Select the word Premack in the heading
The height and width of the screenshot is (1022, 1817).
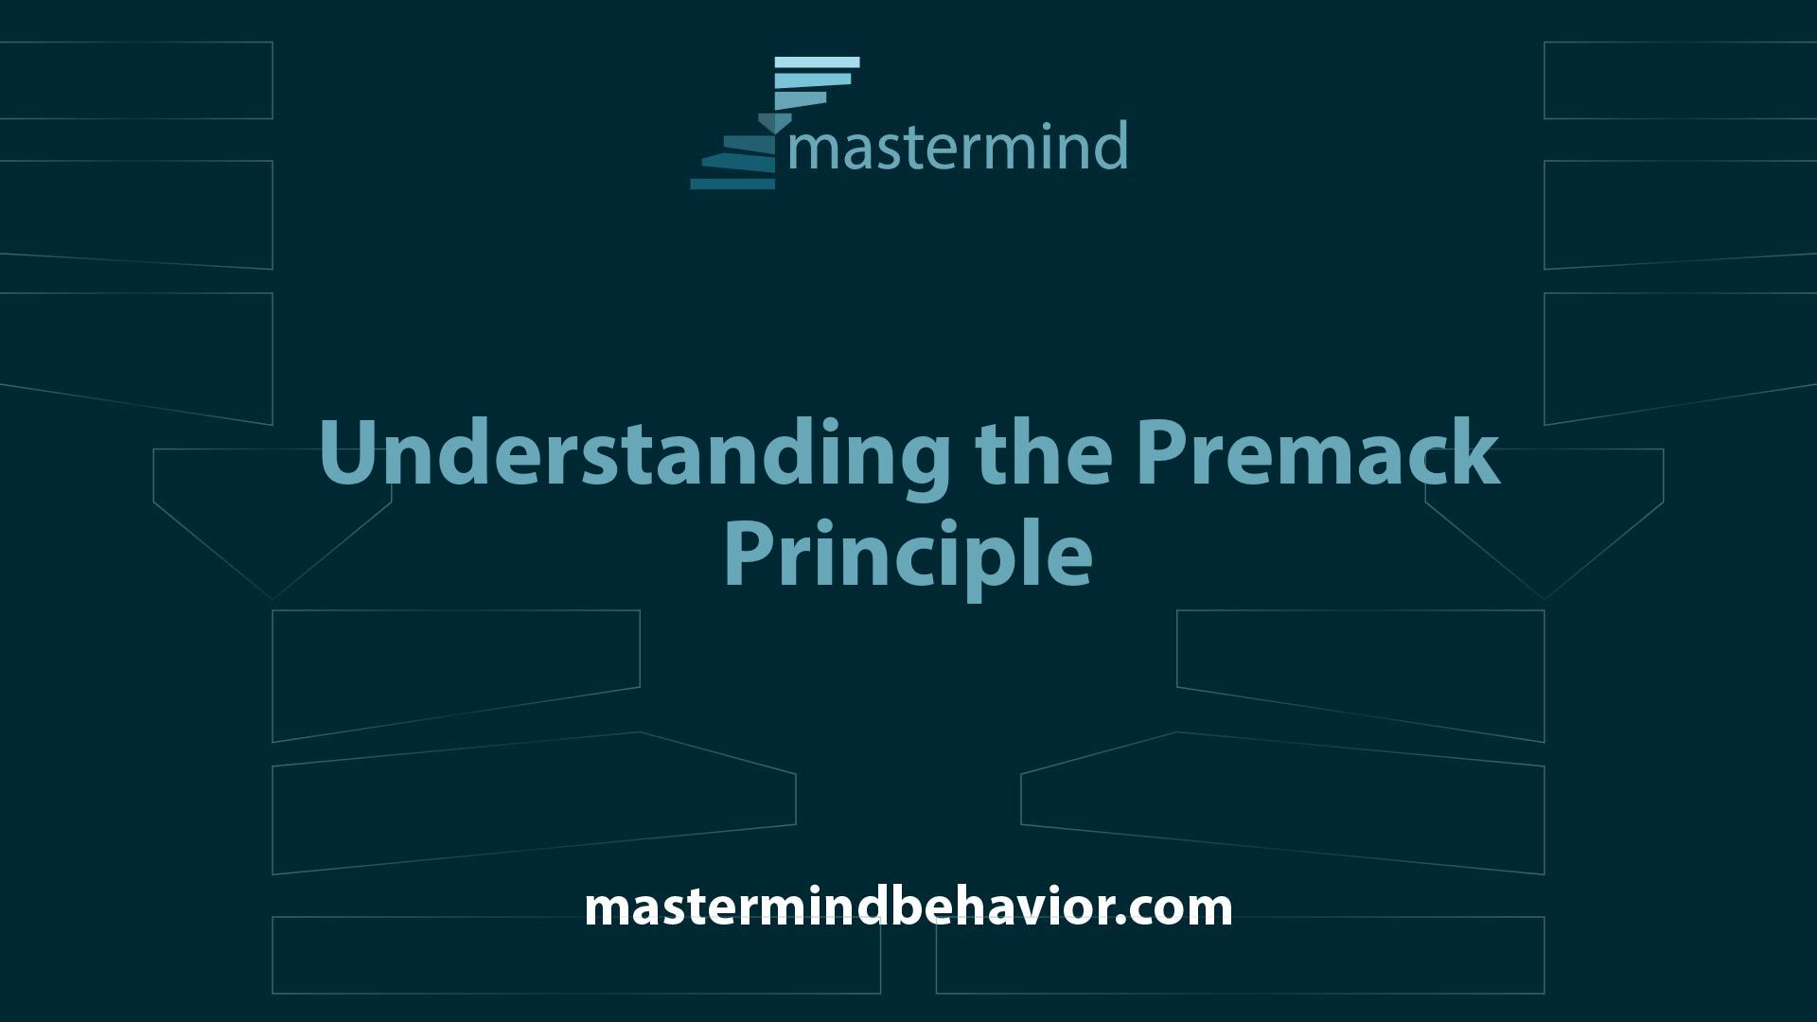click(x=1318, y=451)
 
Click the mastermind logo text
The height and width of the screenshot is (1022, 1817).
click(x=958, y=146)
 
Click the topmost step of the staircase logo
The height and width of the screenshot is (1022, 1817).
click(x=817, y=62)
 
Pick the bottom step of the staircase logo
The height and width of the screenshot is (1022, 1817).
click(x=732, y=184)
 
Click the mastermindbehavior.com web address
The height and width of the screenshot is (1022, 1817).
click(x=908, y=907)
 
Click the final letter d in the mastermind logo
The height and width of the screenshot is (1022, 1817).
click(x=1111, y=146)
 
